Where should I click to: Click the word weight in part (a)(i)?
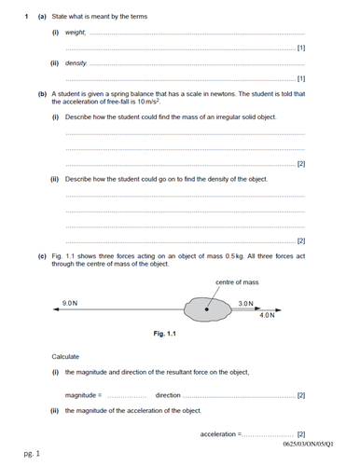76,34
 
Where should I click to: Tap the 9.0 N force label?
70,304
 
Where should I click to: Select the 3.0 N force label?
245,304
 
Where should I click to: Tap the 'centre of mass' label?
235,282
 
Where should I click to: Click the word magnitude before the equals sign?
82,395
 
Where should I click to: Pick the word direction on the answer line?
168,395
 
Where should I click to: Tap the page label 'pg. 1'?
32,454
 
